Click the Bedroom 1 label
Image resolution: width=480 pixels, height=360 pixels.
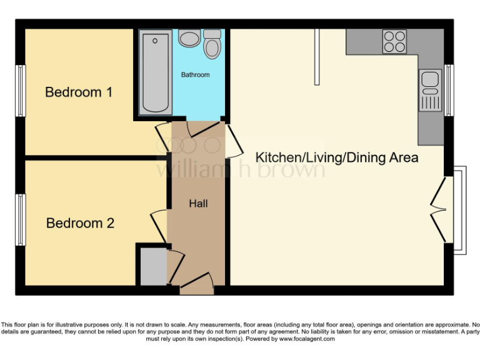[79, 92]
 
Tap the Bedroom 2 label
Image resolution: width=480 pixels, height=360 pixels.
[80, 223]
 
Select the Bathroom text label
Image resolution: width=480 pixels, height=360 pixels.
[196, 75]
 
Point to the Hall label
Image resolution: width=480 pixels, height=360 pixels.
[198, 204]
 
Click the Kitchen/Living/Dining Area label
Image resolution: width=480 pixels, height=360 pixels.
[338, 157]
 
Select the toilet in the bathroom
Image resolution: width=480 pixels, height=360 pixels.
[212, 44]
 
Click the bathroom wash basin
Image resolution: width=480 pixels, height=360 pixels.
[188, 39]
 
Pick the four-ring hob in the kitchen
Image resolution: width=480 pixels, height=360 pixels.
[394, 41]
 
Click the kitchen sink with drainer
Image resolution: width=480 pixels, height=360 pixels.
[430, 89]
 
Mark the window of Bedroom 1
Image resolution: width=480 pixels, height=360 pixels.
[21, 91]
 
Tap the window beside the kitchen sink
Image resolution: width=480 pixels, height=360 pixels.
[448, 90]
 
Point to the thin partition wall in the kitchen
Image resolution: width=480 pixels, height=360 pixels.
[317, 56]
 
